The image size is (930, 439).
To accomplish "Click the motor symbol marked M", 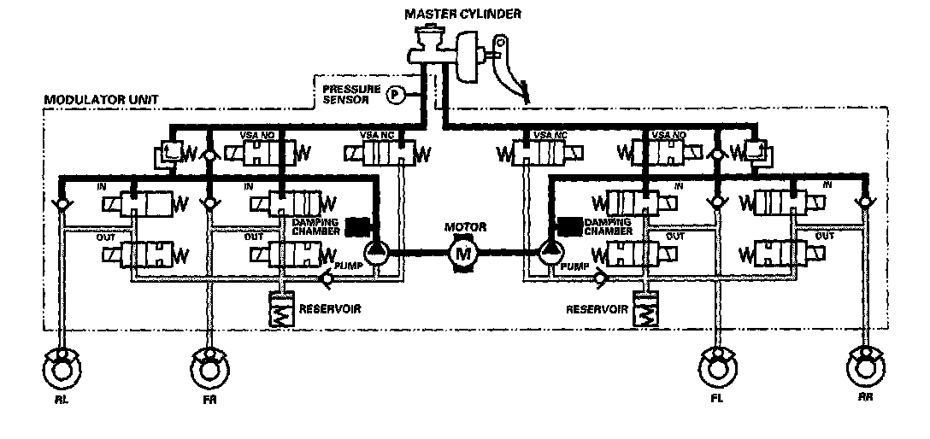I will click(464, 252).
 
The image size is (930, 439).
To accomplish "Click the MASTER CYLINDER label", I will click(463, 13).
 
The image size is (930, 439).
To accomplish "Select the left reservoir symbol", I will click(282, 313).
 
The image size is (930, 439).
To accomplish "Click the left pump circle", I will click(376, 252).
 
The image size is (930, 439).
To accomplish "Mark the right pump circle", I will click(550, 252).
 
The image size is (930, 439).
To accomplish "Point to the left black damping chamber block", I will click(360, 225).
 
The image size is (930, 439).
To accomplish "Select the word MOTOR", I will click(465, 227).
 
